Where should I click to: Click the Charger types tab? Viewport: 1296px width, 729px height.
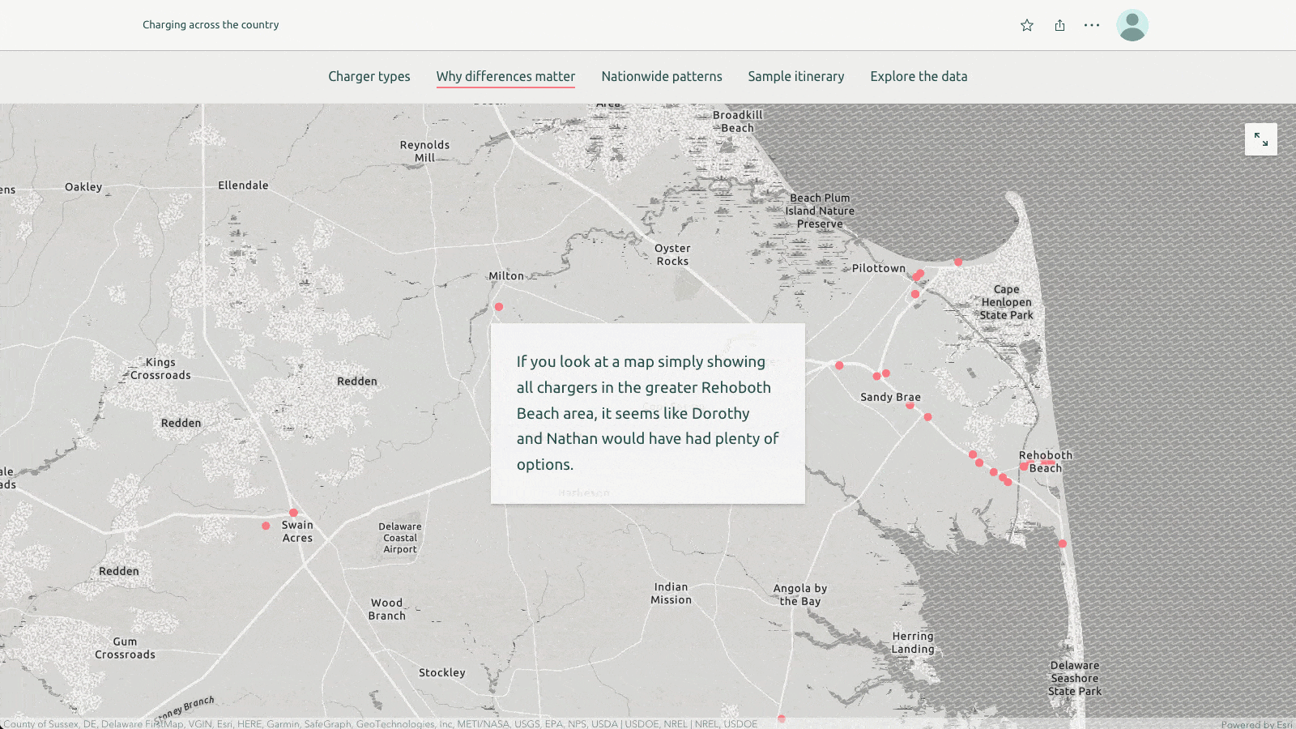click(x=369, y=76)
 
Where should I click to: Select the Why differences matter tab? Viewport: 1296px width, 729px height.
click(x=505, y=76)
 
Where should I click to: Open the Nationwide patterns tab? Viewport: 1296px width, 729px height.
click(x=661, y=76)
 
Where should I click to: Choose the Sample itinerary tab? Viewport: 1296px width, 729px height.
click(x=795, y=76)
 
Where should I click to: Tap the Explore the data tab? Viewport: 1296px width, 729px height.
click(x=919, y=76)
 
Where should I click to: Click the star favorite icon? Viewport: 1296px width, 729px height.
click(x=1027, y=25)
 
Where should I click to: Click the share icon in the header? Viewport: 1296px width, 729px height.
click(x=1059, y=25)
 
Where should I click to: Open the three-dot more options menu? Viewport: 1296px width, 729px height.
click(x=1092, y=25)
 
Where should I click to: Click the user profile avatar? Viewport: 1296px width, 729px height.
click(x=1132, y=25)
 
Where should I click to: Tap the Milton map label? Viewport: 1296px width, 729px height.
click(x=506, y=276)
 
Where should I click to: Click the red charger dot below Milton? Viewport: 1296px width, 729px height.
click(x=499, y=307)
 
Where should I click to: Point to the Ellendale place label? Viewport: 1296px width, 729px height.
click(x=243, y=185)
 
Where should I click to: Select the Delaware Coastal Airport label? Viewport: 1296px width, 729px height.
click(x=400, y=538)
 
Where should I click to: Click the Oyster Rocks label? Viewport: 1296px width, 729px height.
click(x=672, y=255)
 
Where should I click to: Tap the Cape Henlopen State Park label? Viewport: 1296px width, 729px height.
click(x=1006, y=302)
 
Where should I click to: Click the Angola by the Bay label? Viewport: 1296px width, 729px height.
click(x=800, y=595)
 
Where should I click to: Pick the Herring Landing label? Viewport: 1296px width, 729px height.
click(x=913, y=642)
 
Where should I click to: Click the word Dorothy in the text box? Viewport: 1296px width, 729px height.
click(x=720, y=413)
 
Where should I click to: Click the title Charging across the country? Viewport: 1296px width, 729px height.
click(x=211, y=25)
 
